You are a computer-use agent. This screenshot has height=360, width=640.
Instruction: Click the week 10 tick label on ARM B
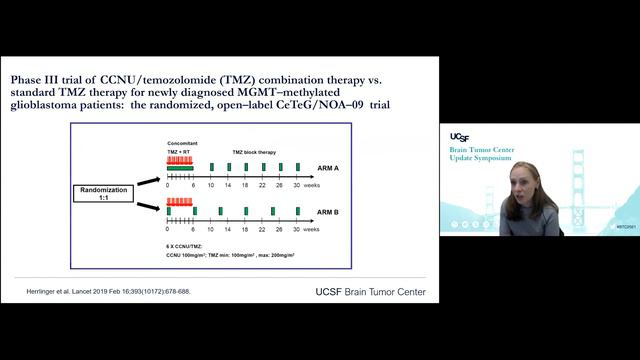211,228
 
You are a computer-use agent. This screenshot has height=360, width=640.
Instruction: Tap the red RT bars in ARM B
179,201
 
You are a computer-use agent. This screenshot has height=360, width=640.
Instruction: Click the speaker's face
526,182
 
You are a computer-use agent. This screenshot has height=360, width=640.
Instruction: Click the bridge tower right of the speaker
577,180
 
